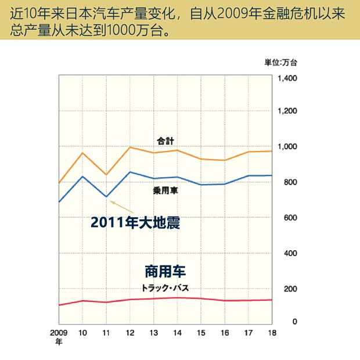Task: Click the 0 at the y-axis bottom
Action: coord(294,321)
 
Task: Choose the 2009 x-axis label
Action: coord(59,333)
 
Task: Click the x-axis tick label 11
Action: coord(106,333)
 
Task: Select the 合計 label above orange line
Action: coord(165,141)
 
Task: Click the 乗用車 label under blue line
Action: coord(165,190)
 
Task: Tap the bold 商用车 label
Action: coord(165,271)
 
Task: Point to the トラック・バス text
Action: coord(165,288)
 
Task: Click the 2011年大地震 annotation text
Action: coord(135,222)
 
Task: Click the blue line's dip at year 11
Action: coord(106,197)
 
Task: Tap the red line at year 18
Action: coord(272,300)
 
